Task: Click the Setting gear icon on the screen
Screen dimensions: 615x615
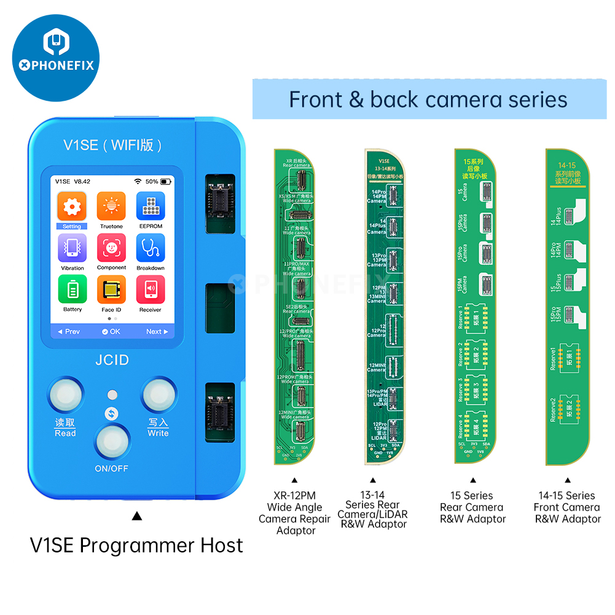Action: (x=72, y=206)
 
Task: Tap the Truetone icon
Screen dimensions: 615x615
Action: (x=111, y=206)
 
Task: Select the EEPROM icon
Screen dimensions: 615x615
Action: (x=150, y=206)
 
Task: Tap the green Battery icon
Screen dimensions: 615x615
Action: (x=72, y=289)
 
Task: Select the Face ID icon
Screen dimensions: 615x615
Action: (x=111, y=289)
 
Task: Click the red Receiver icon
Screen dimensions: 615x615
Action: (x=150, y=289)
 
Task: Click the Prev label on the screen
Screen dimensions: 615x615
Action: (x=69, y=332)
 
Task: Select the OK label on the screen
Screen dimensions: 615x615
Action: (x=111, y=332)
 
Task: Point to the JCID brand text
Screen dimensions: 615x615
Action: (x=112, y=359)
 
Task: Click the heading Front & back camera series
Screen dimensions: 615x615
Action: (x=428, y=100)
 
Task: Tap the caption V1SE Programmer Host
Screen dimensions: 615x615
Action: (x=136, y=546)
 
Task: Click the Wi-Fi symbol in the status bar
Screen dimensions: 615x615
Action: (x=138, y=182)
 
